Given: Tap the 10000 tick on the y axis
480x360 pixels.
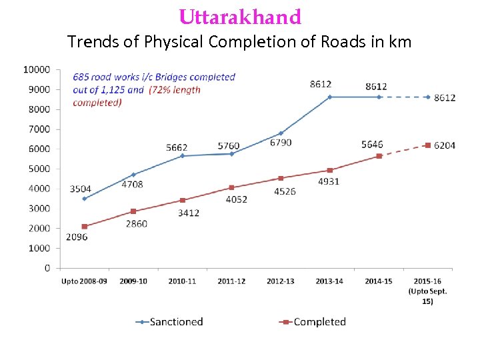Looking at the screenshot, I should click(37, 69).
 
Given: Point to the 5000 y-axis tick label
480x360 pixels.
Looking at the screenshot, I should click(39, 169).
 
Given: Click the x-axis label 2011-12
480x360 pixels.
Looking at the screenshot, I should click(231, 281).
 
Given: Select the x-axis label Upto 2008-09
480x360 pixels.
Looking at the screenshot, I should click(84, 281).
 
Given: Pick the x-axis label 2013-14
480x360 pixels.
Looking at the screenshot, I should click(329, 281).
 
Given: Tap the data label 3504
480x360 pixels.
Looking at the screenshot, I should click(80, 189).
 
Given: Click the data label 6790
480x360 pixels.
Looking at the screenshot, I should click(281, 143).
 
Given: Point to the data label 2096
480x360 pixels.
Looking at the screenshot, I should click(77, 237).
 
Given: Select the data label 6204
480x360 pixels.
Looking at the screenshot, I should click(445, 145).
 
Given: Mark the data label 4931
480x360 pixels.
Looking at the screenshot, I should click(328, 181).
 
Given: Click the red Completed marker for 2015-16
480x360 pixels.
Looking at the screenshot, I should click(427, 145).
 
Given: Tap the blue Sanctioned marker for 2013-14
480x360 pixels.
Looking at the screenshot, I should click(329, 97).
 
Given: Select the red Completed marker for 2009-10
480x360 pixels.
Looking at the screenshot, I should click(133, 211).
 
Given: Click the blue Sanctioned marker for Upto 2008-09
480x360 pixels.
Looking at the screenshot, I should click(85, 199).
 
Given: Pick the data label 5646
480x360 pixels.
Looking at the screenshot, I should click(372, 144).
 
